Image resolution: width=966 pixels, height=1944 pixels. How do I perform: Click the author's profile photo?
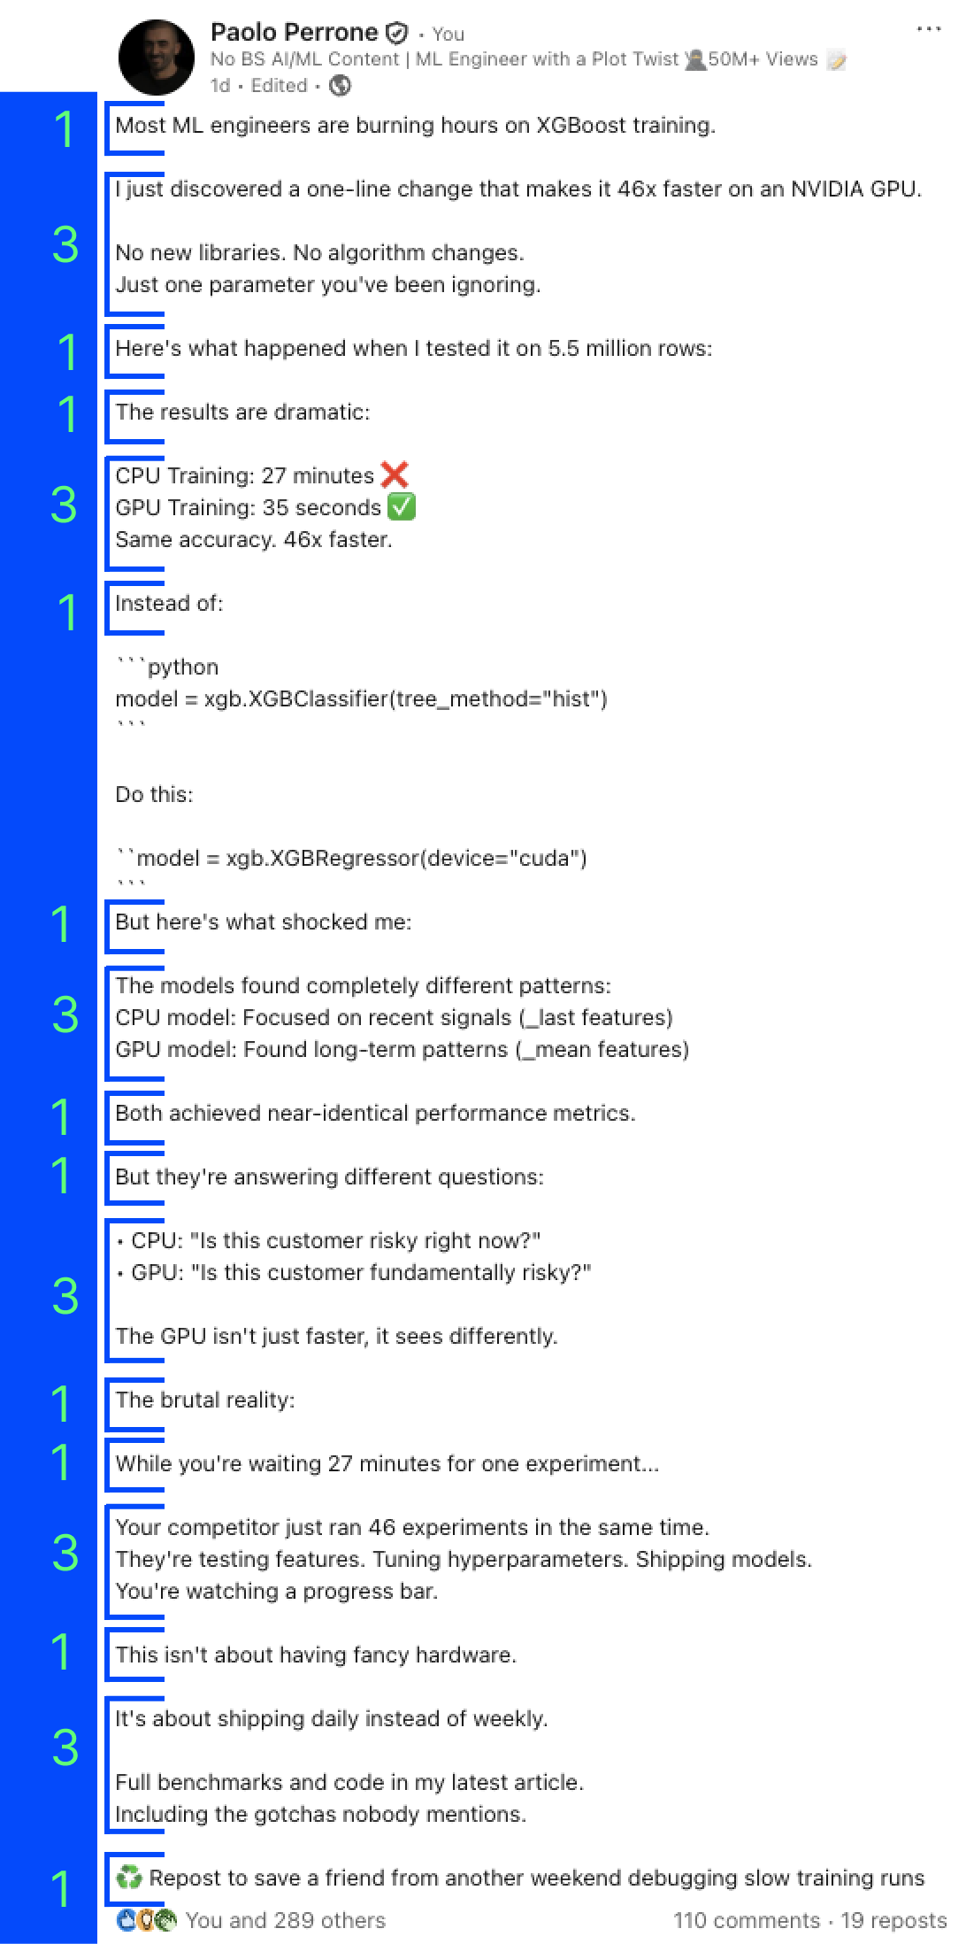(x=156, y=58)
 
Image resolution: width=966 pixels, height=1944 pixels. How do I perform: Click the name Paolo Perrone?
(x=294, y=33)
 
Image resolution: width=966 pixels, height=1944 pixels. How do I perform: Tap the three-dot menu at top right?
(x=928, y=29)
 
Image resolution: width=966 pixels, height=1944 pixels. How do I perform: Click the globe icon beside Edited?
(x=340, y=86)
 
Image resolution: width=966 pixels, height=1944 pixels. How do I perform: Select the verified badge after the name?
(x=398, y=34)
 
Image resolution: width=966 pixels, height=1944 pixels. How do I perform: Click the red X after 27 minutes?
(x=395, y=475)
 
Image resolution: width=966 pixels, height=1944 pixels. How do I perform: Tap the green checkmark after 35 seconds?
(x=402, y=507)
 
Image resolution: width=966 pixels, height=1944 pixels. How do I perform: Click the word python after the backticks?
(x=182, y=667)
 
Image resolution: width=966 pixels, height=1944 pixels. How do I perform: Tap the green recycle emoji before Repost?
(x=129, y=1877)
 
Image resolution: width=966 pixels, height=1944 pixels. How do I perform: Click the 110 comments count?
(x=746, y=1920)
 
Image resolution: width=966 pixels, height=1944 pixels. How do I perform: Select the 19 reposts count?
(x=893, y=1920)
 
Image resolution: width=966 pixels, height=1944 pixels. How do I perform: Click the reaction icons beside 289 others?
(x=146, y=1920)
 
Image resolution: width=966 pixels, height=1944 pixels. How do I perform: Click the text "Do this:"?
(x=154, y=795)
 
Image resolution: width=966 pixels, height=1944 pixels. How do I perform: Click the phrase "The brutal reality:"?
(x=205, y=1400)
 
